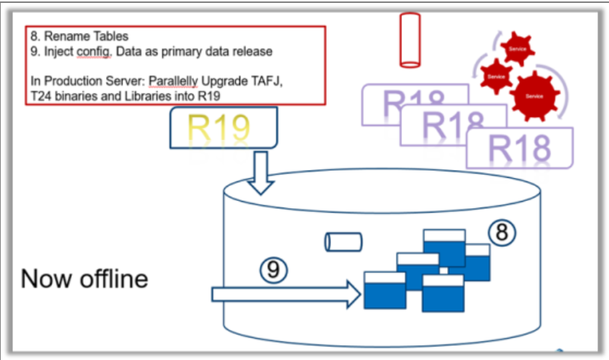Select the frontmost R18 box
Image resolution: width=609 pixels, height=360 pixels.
[x=519, y=149]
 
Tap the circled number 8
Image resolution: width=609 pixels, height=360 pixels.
[x=500, y=232]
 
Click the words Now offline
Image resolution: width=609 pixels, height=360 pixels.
[x=84, y=278]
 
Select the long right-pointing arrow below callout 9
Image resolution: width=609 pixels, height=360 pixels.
[x=286, y=295]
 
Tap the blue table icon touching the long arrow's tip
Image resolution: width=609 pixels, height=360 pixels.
[x=385, y=292]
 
